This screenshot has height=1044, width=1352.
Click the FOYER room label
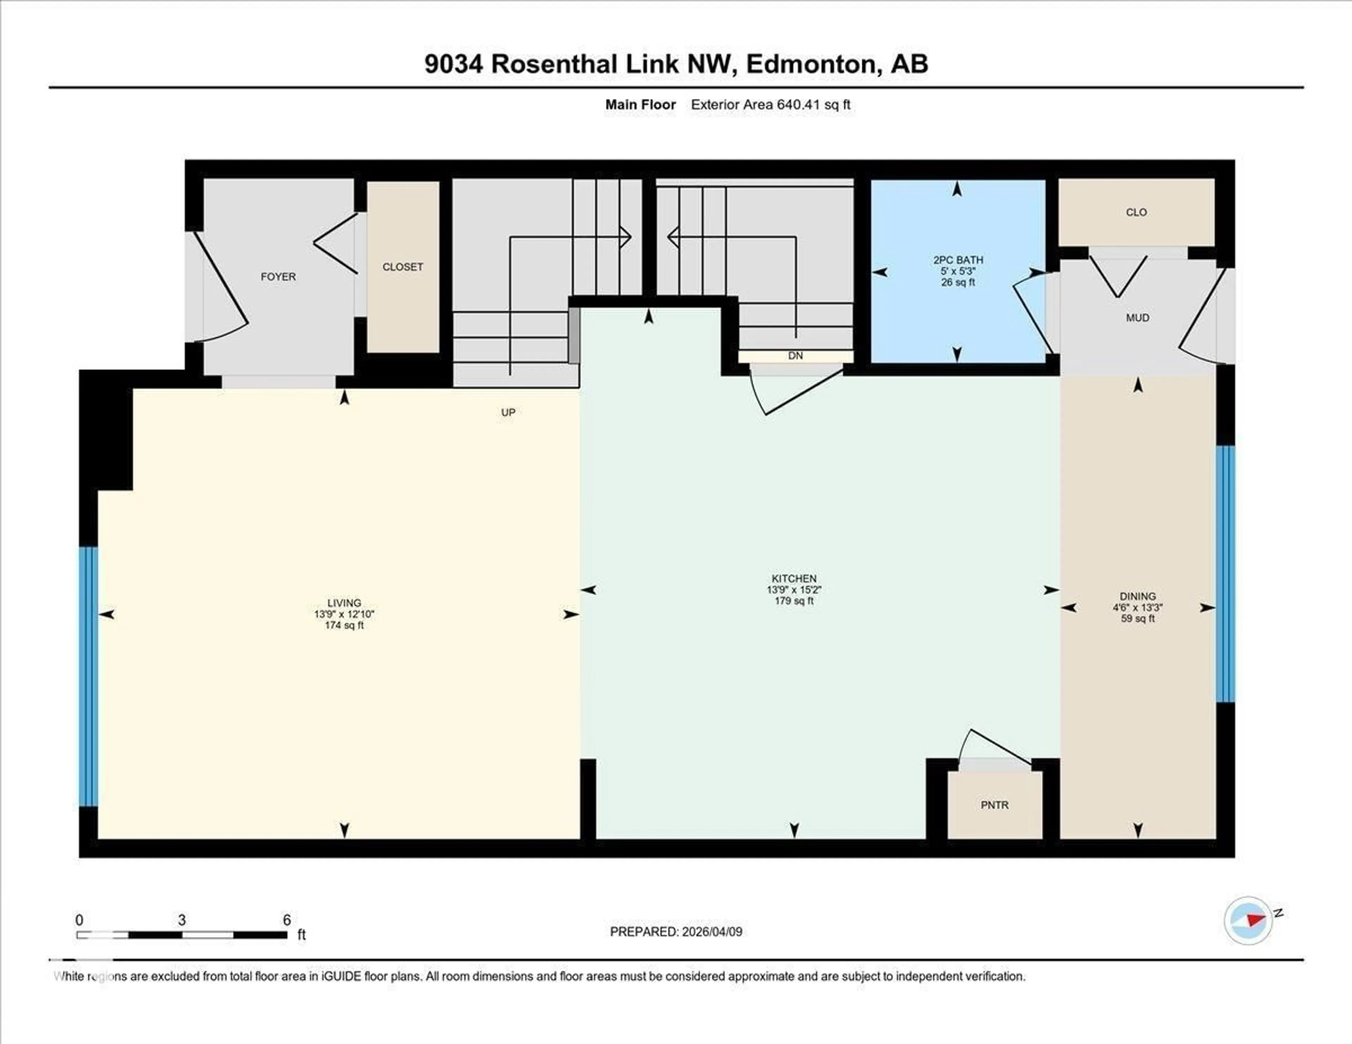coord(278,277)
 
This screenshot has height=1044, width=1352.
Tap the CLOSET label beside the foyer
coord(402,267)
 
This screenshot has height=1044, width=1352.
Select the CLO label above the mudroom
coord(1136,212)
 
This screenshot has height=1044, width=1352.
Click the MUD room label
coord(1137,317)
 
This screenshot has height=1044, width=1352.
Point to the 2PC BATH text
coord(958,260)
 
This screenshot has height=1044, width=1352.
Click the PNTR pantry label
coord(994,805)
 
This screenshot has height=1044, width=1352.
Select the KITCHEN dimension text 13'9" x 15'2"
coord(794,590)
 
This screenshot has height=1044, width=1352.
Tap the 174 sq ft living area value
coord(344,625)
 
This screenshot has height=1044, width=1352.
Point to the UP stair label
coord(508,413)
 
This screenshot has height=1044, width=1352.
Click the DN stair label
coord(795,356)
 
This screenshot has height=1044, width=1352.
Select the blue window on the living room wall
coord(88,677)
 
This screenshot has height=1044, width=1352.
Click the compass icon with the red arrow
coord(1248,920)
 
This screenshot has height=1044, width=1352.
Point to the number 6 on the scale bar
coord(287,920)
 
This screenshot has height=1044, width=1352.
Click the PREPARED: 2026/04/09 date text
coord(676,931)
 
